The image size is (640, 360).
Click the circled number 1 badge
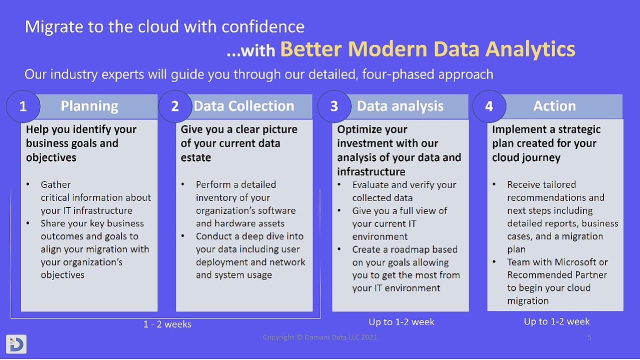pos(23,106)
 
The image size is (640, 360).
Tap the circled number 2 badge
pos(175,106)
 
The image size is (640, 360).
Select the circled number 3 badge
pos(334,106)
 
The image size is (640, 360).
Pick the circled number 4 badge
pos(489,106)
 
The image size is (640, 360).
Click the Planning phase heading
pos(89,106)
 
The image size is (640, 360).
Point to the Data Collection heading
pos(244,106)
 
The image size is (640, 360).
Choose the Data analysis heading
pos(400,106)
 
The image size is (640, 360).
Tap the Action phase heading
pos(554,106)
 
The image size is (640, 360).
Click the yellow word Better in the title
pos(311,49)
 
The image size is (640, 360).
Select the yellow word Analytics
pos(530,49)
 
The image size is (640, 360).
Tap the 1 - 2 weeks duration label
pos(167,324)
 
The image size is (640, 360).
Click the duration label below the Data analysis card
pos(401,322)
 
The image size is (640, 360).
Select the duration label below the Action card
pos(556,321)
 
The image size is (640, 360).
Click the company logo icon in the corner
pos(16,344)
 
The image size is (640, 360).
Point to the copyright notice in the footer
pos(319,337)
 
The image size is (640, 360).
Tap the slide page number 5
pos(589,337)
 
